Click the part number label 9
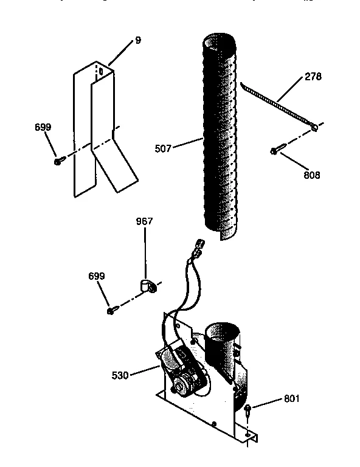[138, 40]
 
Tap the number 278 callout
[313, 77]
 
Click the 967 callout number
[145, 221]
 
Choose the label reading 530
[120, 375]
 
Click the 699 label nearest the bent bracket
[43, 127]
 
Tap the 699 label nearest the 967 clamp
[97, 276]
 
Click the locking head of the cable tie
[313, 128]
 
